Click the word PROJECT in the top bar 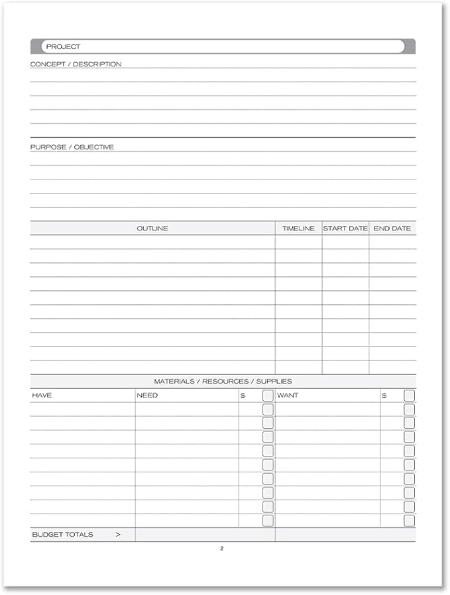click(x=63, y=46)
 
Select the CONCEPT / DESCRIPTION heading click(x=76, y=64)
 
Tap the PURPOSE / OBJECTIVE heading click(x=72, y=147)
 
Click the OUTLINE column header click(x=152, y=229)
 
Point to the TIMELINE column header click(x=298, y=229)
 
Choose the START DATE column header click(x=345, y=229)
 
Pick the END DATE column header click(x=392, y=229)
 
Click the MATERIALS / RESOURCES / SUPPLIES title click(x=223, y=382)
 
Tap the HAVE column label click(x=42, y=396)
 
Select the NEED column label click(x=147, y=396)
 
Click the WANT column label click(x=288, y=396)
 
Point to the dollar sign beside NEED click(x=243, y=396)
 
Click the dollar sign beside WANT click(x=384, y=396)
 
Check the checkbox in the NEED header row click(x=268, y=396)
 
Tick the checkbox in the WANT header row click(x=410, y=396)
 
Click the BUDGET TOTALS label click(x=62, y=535)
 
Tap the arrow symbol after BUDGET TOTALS click(x=118, y=535)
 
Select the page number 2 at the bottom click(x=222, y=549)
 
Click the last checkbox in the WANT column click(x=410, y=521)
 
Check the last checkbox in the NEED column click(x=268, y=521)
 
